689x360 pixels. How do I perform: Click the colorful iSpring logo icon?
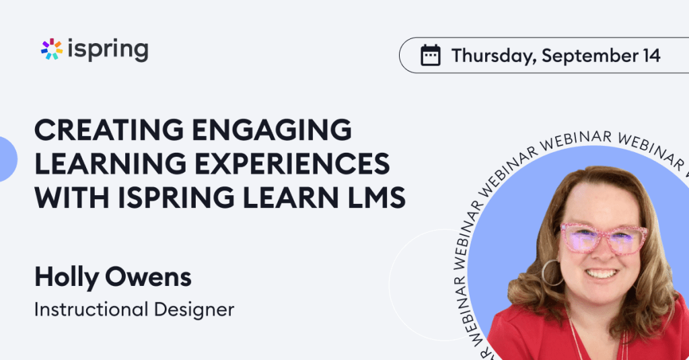(x=52, y=49)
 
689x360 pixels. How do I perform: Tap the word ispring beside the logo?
(x=108, y=50)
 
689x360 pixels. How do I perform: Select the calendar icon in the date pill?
(x=430, y=55)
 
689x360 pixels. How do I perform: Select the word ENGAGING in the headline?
(x=272, y=130)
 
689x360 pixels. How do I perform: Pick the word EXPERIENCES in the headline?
(x=292, y=164)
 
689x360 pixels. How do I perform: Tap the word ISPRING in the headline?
(x=176, y=197)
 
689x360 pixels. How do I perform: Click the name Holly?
(x=67, y=278)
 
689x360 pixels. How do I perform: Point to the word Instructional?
(x=91, y=310)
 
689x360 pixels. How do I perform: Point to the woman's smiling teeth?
(x=601, y=274)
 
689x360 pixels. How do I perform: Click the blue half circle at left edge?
(x=8, y=159)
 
